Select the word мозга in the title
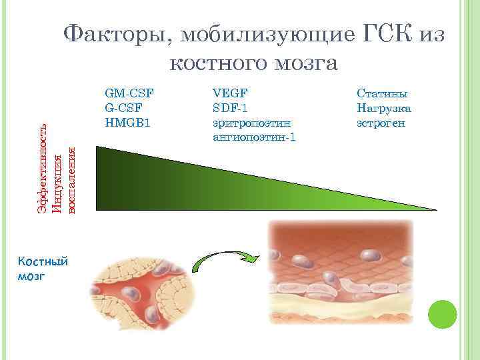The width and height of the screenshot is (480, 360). (x=304, y=63)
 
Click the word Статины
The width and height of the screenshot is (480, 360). (x=381, y=94)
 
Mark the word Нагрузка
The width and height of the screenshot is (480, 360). (x=384, y=109)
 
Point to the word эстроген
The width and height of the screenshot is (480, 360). (x=381, y=123)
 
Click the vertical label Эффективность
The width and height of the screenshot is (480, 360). (x=42, y=170)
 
